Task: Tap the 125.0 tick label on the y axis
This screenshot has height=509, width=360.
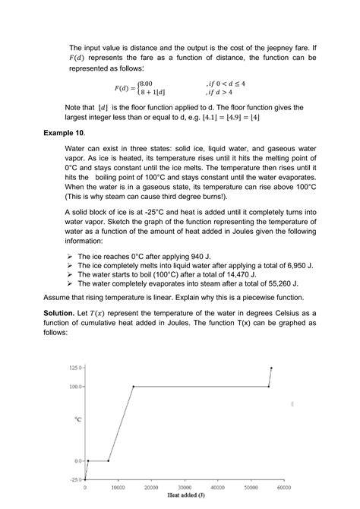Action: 74,368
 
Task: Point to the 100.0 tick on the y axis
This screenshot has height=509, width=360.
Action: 74,387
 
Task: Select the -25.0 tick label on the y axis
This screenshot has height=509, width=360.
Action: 74,480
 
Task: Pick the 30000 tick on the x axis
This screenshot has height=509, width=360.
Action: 185,487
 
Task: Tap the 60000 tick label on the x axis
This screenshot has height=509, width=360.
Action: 285,487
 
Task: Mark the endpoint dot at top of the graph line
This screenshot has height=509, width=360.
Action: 271,368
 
